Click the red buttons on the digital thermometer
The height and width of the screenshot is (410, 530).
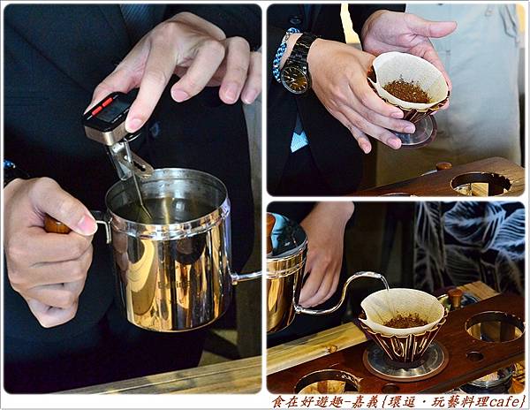tap(102, 105)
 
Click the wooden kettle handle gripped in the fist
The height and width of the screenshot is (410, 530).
tap(56, 224)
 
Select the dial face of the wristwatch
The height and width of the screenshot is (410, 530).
tap(293, 76)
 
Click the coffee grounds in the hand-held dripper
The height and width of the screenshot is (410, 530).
tap(406, 91)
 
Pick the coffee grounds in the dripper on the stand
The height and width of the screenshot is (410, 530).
tap(406, 320)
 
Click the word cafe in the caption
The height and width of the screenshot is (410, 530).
tap(504, 401)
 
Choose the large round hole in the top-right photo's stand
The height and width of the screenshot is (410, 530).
tap(481, 185)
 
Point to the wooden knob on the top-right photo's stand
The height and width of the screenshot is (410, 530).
tap(443, 165)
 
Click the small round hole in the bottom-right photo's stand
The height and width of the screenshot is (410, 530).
tap(474, 356)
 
